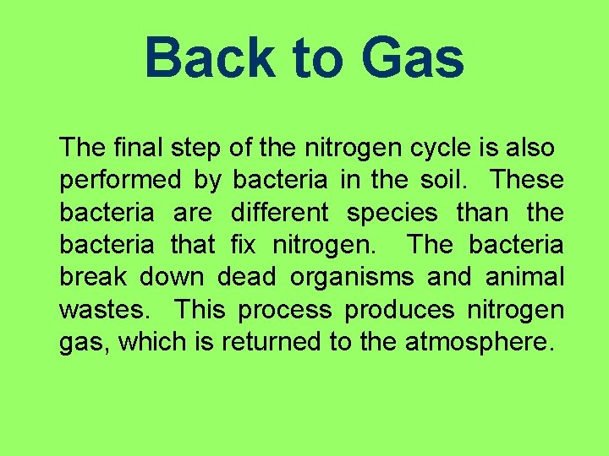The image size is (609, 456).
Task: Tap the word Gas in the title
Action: pyautogui.click(x=412, y=58)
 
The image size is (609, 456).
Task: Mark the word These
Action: pyautogui.click(x=527, y=180)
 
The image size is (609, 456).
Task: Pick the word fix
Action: pyautogui.click(x=242, y=245)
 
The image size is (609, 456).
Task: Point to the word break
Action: pyautogui.click(x=91, y=277)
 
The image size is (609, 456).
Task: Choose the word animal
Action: pyautogui.click(x=524, y=277)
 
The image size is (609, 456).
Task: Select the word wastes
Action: pyautogui.click(x=106, y=310)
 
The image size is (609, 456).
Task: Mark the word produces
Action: pyautogui.click(x=399, y=310)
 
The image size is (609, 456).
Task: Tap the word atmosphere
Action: pyautogui.click(x=479, y=342)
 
